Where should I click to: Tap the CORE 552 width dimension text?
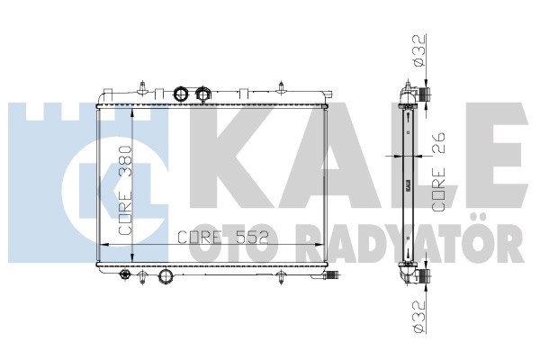222,237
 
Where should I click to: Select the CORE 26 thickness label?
438,172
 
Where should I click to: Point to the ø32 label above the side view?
418,49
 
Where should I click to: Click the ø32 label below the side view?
418,317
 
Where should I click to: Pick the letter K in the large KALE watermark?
233,156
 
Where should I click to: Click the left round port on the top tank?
181,93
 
